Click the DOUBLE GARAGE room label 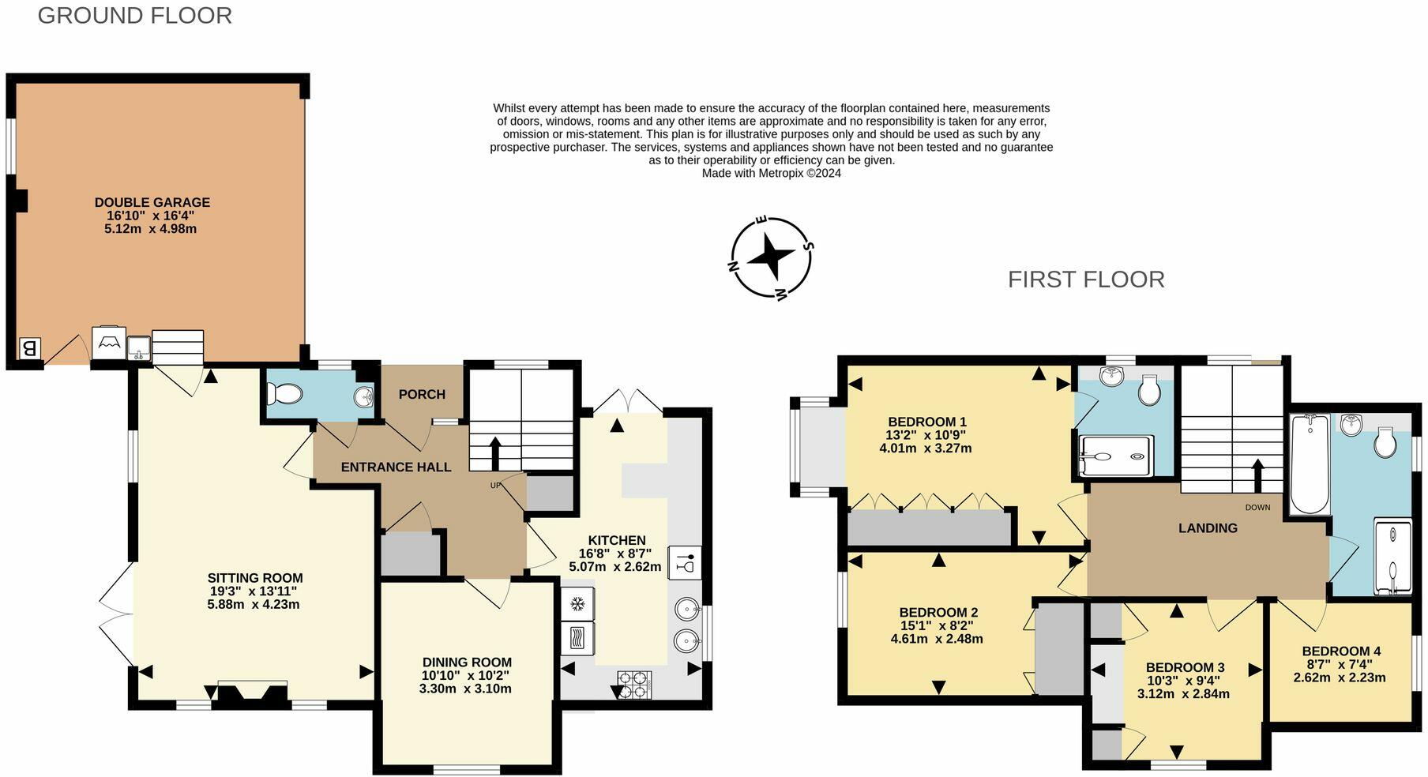pyautogui.click(x=152, y=202)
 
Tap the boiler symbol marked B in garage pyautogui.click(x=29, y=348)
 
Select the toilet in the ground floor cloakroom pyautogui.click(x=284, y=394)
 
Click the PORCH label pyautogui.click(x=422, y=394)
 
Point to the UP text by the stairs pyautogui.click(x=496, y=485)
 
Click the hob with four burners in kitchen pyautogui.click(x=634, y=684)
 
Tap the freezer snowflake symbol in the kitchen pyautogui.click(x=577, y=605)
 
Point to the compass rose pyautogui.click(x=770, y=257)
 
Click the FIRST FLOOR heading pyautogui.click(x=1085, y=280)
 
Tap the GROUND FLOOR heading pyautogui.click(x=135, y=16)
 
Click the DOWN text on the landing pyautogui.click(x=1257, y=507)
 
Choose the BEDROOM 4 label pyautogui.click(x=1341, y=651)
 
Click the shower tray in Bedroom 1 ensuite pyautogui.click(x=1116, y=456)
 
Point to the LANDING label pyautogui.click(x=1208, y=528)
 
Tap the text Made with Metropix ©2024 pyautogui.click(x=771, y=173)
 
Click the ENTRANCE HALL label pyautogui.click(x=396, y=467)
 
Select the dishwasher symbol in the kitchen pyautogui.click(x=685, y=563)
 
